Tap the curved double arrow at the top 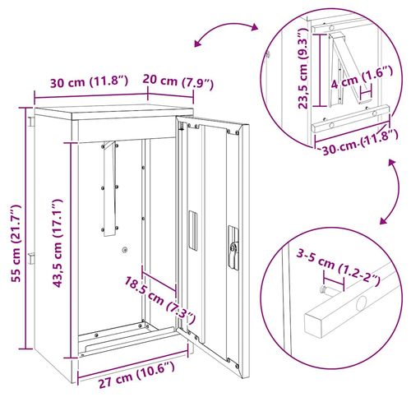point(223,35)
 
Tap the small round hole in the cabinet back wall point(123,251)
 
